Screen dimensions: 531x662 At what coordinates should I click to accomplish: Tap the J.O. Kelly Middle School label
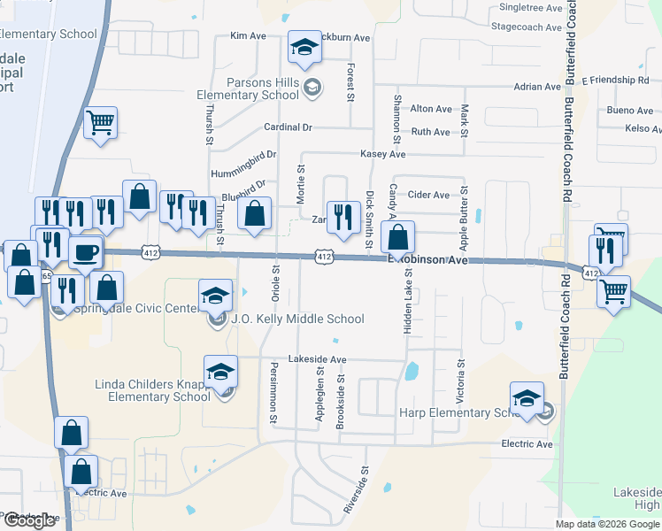[297, 319]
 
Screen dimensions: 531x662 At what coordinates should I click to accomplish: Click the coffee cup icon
[86, 251]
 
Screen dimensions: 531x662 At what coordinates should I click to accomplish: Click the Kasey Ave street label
[382, 154]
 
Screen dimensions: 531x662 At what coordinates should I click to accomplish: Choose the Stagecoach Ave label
[527, 27]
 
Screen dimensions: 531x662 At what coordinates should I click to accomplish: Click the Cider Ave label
[428, 195]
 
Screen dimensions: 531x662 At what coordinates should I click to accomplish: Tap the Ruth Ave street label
[431, 132]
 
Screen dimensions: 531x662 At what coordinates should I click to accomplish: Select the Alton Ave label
[431, 109]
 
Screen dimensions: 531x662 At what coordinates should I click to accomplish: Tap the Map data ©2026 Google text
[607, 524]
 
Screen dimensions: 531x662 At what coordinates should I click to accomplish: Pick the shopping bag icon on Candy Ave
[398, 237]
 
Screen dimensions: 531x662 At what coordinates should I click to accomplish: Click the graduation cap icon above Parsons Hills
[304, 50]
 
